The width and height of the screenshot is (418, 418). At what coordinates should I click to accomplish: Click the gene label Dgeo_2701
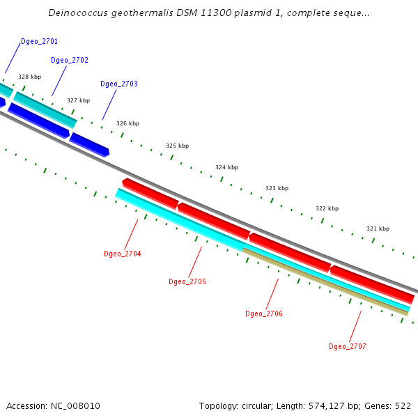pyautogui.click(x=39, y=42)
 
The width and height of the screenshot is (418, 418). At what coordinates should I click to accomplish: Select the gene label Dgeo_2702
pyautogui.click(x=70, y=61)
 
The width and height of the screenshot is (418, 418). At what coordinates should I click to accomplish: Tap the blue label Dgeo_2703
pyautogui.click(x=119, y=84)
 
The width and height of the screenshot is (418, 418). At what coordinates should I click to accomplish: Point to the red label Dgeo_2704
pyautogui.click(x=123, y=254)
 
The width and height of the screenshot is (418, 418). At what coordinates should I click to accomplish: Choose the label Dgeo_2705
pyautogui.click(x=187, y=282)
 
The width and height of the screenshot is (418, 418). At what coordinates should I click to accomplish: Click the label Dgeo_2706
pyautogui.click(x=264, y=314)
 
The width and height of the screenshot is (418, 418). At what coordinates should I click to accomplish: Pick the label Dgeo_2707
pyautogui.click(x=348, y=347)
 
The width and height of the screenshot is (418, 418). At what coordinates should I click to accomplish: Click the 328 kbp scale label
pyautogui.click(x=29, y=77)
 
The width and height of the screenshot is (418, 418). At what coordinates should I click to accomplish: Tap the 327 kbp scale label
pyautogui.click(x=78, y=101)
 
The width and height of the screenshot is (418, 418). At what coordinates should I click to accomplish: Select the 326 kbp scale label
pyautogui.click(x=127, y=124)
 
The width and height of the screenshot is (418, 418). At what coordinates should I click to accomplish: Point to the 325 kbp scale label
pyautogui.click(x=177, y=146)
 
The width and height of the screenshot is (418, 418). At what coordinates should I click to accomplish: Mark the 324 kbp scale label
pyautogui.click(x=226, y=168)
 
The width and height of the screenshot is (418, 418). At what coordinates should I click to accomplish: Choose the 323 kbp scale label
pyautogui.click(x=277, y=189)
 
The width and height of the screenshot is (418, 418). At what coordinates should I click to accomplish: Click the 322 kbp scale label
pyautogui.click(x=327, y=209)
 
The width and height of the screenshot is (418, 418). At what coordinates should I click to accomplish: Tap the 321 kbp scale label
pyautogui.click(x=378, y=229)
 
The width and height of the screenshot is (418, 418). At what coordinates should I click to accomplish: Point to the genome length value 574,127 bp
pyautogui.click(x=333, y=406)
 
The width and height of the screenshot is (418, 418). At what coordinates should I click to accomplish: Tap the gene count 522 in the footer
pyautogui.click(x=403, y=406)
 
